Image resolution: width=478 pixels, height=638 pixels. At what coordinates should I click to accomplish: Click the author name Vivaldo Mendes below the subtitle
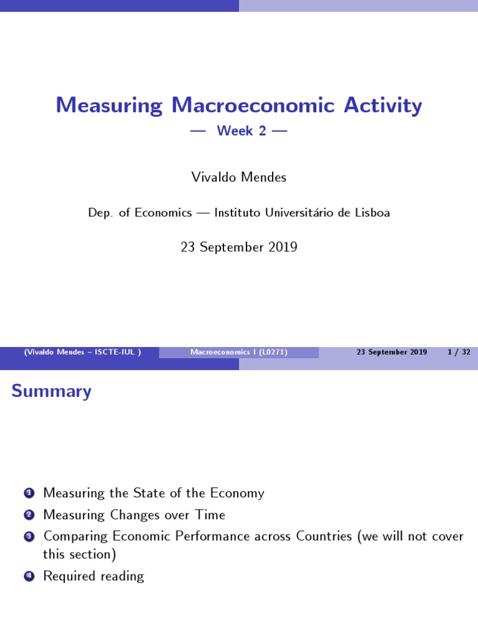pos(239,177)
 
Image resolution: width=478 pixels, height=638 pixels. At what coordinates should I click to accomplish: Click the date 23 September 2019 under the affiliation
pos(239,247)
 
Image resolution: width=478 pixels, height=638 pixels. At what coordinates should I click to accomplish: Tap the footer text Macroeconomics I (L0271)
pos(238,352)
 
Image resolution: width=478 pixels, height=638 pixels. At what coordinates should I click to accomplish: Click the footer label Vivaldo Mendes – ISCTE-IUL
pos(82,352)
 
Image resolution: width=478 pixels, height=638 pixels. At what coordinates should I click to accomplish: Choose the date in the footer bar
pos(391,352)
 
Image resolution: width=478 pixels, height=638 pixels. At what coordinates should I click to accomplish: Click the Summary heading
pos(52,391)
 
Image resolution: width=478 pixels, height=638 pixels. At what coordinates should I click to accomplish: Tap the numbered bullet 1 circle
pos(28,494)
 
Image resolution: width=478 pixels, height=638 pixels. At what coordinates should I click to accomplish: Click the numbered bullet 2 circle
pos(28,515)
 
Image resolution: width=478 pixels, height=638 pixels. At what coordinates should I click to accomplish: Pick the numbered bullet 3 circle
pos(28,536)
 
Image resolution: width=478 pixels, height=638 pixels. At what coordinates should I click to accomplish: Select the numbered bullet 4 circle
pos(28,577)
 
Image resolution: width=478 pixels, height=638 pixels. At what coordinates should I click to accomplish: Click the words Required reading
pos(93,576)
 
